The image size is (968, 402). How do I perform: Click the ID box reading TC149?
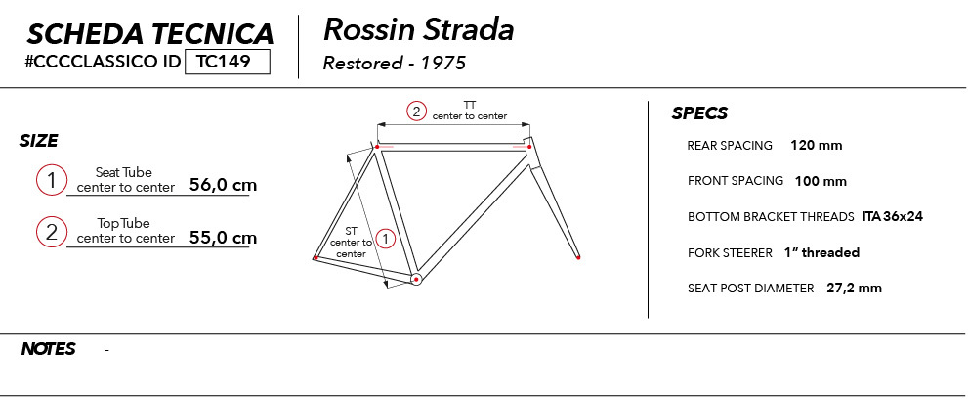point(228,62)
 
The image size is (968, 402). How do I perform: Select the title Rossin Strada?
point(419,30)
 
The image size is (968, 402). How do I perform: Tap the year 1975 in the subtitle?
point(443,63)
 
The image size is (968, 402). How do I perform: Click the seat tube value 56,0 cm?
point(223,185)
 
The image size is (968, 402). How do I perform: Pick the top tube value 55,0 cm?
point(223,238)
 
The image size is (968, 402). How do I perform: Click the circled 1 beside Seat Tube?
point(51,181)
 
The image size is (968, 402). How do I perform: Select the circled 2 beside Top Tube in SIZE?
point(51,233)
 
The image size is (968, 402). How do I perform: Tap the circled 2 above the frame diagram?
point(416,112)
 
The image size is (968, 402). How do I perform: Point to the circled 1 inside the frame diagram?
point(385,238)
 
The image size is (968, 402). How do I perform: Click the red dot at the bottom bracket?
point(417,280)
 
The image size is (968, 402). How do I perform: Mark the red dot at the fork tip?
point(578,257)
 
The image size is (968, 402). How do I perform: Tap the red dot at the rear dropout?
point(316,257)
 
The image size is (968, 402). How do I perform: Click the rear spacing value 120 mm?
point(817,146)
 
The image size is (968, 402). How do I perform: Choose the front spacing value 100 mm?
point(821,181)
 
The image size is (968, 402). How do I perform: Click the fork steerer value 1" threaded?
point(821,253)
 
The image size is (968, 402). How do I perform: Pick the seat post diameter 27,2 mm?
point(854,289)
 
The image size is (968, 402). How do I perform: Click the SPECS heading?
point(699,113)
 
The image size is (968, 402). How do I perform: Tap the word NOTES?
point(48,349)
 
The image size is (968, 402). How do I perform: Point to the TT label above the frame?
point(470,105)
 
